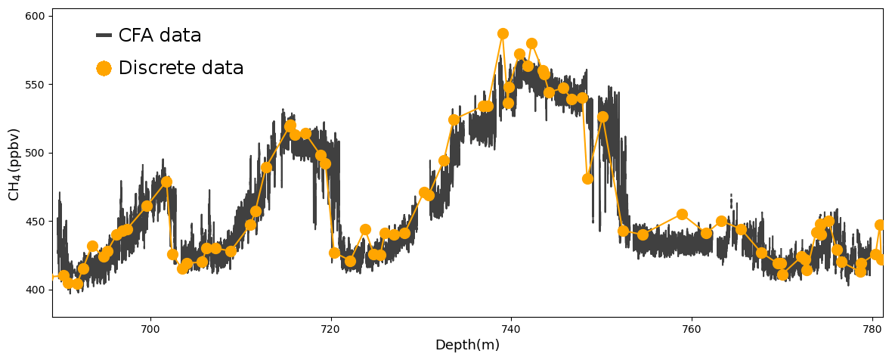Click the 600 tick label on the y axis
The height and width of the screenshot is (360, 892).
tap(38, 16)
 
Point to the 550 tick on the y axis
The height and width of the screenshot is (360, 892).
tap(38, 85)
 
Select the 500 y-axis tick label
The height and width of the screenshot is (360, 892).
tap(38, 153)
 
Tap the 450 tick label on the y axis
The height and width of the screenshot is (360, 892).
tap(38, 222)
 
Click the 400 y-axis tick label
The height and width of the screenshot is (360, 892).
tap(38, 290)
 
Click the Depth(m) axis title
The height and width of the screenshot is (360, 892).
tap(467, 346)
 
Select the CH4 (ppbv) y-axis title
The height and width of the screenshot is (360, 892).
tap(15, 164)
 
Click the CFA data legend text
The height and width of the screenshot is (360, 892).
tap(160, 36)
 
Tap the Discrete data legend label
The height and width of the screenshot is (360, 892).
tap(181, 68)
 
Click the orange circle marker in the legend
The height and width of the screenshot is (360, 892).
tap(104, 68)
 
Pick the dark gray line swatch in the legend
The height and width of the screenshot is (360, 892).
tap(104, 36)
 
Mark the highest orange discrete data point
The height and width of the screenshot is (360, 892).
tap(503, 34)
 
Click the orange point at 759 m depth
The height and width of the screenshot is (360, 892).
tap(682, 214)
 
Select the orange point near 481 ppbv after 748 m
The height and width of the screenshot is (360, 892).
tap(587, 178)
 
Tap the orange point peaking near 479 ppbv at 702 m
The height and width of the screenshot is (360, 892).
tap(166, 182)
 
